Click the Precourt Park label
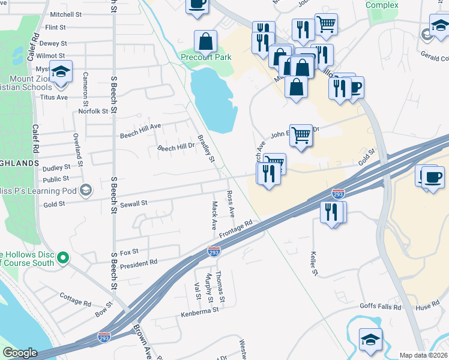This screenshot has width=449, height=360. [206, 57]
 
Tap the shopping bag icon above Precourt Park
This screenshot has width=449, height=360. [206, 41]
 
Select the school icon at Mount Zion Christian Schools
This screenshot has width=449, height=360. [60, 72]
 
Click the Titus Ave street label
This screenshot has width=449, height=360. [54, 97]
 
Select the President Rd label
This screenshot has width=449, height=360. [139, 263]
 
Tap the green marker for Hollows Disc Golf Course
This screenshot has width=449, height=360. [62, 259]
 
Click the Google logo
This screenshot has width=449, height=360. [19, 353]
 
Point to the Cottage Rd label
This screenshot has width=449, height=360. [76, 296]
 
